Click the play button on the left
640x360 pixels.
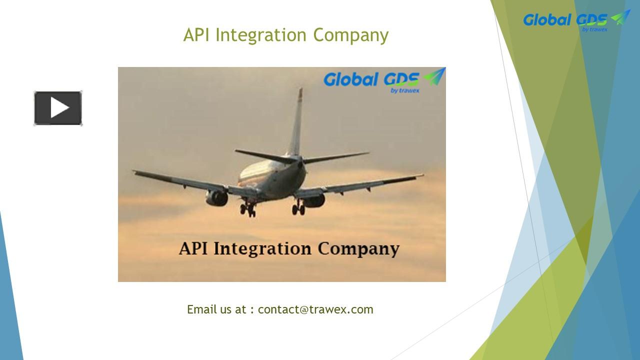(x=58, y=108)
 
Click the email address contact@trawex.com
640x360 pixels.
(x=315, y=309)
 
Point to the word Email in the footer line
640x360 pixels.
(x=201, y=309)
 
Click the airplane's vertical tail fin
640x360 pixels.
(x=297, y=122)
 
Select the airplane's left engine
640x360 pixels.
(x=217, y=197)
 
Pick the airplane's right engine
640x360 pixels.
(x=313, y=200)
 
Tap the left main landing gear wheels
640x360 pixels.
(x=247, y=209)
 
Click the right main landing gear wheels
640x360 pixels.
(x=298, y=208)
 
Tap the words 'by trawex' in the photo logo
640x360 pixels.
(x=405, y=90)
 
